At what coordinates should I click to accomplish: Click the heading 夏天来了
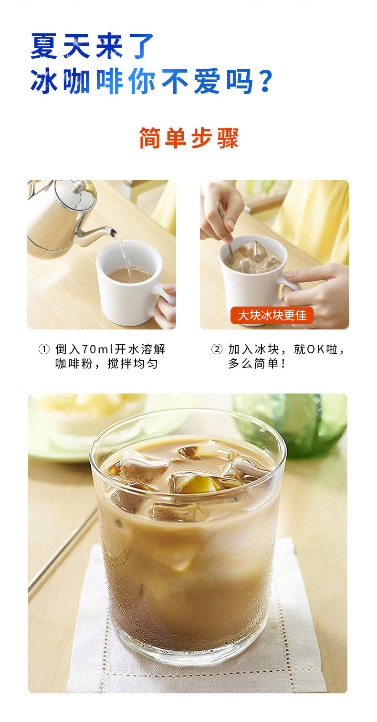(x=92, y=46)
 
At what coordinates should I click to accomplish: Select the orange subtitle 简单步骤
(x=189, y=138)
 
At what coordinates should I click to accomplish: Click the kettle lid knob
(x=78, y=186)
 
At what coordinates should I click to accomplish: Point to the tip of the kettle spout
(x=114, y=231)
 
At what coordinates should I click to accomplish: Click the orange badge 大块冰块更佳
(x=272, y=315)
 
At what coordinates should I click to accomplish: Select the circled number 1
(x=44, y=350)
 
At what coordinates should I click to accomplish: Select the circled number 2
(x=217, y=350)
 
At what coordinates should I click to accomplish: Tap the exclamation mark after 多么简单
(x=283, y=364)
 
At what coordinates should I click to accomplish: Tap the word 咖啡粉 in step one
(x=74, y=364)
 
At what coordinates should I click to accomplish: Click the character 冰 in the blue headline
(x=44, y=81)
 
